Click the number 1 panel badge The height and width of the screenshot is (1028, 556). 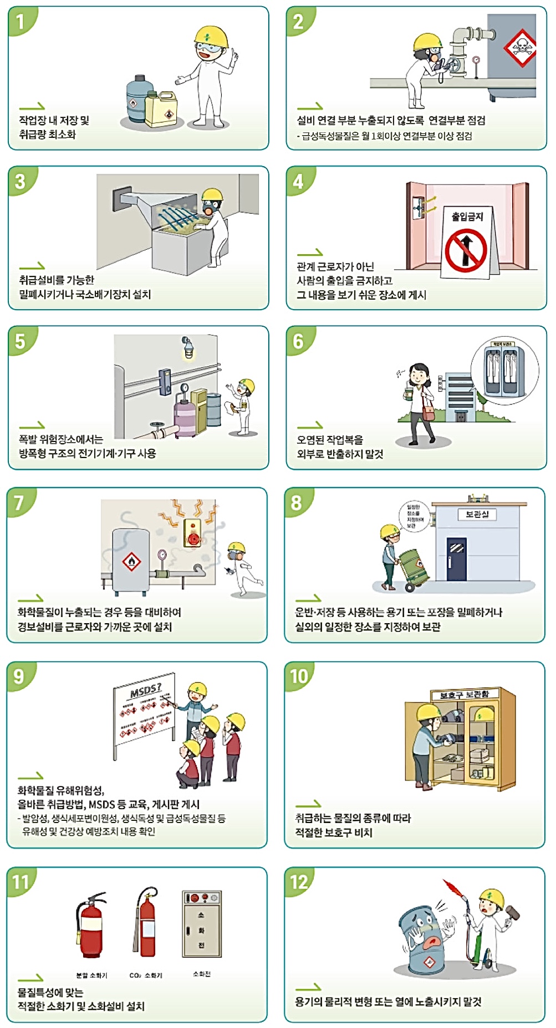point(21,22)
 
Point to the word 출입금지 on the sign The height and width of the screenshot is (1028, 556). point(467,217)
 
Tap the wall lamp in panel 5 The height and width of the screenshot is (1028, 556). point(188,348)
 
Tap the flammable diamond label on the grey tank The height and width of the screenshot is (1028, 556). point(131,562)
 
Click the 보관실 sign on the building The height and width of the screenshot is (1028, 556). point(477,515)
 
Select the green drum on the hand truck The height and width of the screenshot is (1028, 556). point(414,566)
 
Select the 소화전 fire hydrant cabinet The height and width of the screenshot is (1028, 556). point(201,923)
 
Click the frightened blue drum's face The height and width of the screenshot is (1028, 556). point(427,931)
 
